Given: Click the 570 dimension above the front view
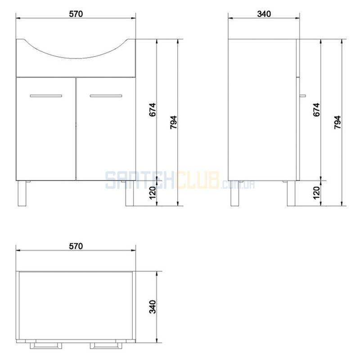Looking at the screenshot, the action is (76, 14).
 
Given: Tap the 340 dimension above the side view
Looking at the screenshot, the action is (264, 14).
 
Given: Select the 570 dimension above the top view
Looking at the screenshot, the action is (76, 246).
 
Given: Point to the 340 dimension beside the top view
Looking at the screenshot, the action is (153, 306).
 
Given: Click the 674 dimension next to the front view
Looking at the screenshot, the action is (153, 110).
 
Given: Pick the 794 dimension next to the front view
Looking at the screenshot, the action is (174, 122).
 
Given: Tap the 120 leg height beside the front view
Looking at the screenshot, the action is (153, 193).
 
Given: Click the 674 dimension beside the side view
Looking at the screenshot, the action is (316, 110).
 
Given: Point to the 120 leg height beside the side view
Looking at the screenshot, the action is (316, 193).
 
